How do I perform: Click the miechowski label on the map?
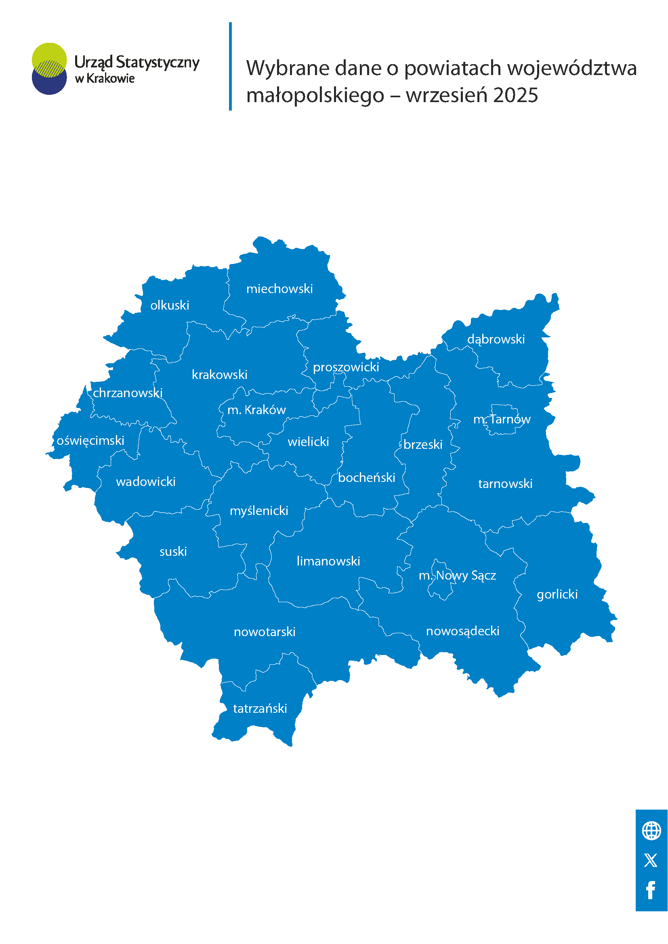point(279,289)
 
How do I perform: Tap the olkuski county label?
point(170,306)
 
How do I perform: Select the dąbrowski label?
point(496,339)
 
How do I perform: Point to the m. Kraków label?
point(256,410)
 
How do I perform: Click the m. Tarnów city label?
point(502,419)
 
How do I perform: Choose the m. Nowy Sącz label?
point(457,576)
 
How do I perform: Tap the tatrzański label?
point(260,709)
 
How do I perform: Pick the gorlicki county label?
point(557,594)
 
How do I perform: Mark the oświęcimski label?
point(90,441)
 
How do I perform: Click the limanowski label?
point(328,561)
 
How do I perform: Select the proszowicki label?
point(346,367)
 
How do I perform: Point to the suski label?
point(173,552)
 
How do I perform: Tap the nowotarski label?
point(265,632)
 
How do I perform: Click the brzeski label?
point(423,444)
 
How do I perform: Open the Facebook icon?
point(651,891)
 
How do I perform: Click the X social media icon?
point(651,860)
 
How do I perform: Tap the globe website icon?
point(651,831)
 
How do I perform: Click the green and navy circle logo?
point(49,69)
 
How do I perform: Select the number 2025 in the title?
point(515,95)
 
